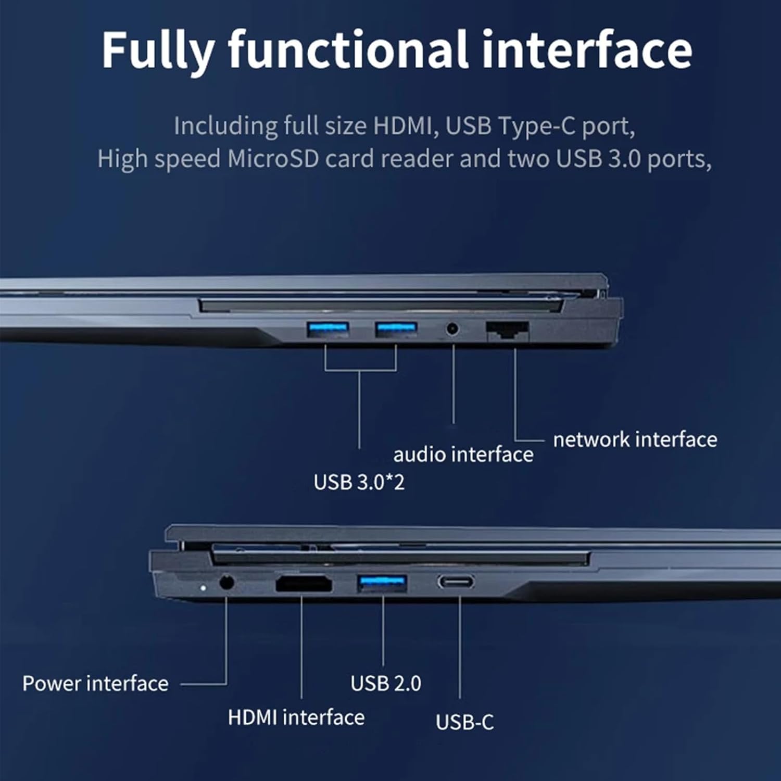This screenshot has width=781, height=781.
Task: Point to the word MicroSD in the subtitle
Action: click(273, 159)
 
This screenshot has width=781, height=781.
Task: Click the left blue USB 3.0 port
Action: click(327, 330)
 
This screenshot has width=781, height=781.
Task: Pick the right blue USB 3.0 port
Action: click(396, 330)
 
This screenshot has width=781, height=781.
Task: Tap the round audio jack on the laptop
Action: click(452, 329)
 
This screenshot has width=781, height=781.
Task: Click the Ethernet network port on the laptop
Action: click(508, 331)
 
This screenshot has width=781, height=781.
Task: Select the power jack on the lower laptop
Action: click(226, 582)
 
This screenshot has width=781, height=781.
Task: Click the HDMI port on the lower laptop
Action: click(304, 584)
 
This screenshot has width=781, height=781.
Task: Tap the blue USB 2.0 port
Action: click(382, 583)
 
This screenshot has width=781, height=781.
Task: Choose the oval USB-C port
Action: click(456, 581)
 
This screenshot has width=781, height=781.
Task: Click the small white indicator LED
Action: click(203, 588)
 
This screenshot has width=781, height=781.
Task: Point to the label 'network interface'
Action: click(635, 440)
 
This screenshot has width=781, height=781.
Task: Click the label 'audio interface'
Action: click(463, 455)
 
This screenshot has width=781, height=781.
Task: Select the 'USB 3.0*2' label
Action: click(359, 483)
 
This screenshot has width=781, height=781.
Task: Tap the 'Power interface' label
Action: click(95, 684)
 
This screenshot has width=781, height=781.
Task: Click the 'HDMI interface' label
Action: click(296, 718)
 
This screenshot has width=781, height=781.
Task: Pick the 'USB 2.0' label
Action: click(386, 684)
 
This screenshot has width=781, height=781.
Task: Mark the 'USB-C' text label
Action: click(464, 722)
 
